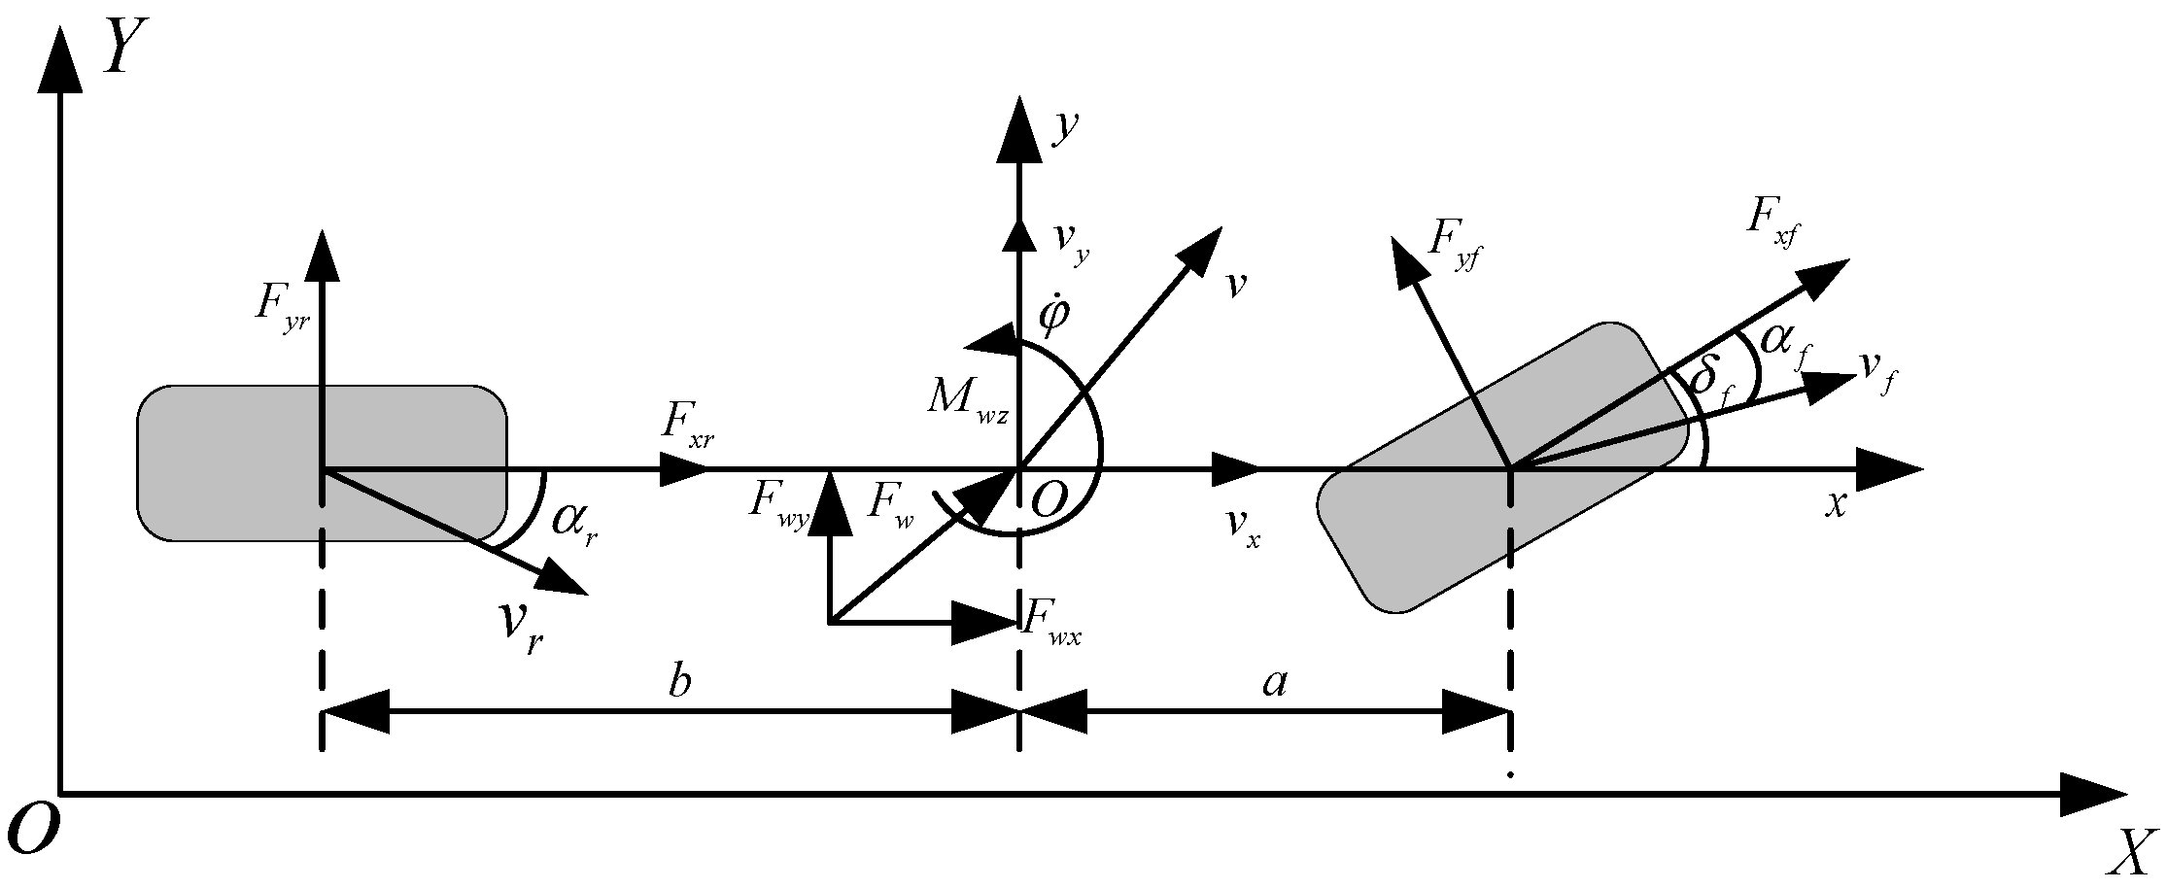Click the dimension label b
point(679,683)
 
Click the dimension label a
point(1274,683)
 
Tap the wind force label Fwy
point(777,504)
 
